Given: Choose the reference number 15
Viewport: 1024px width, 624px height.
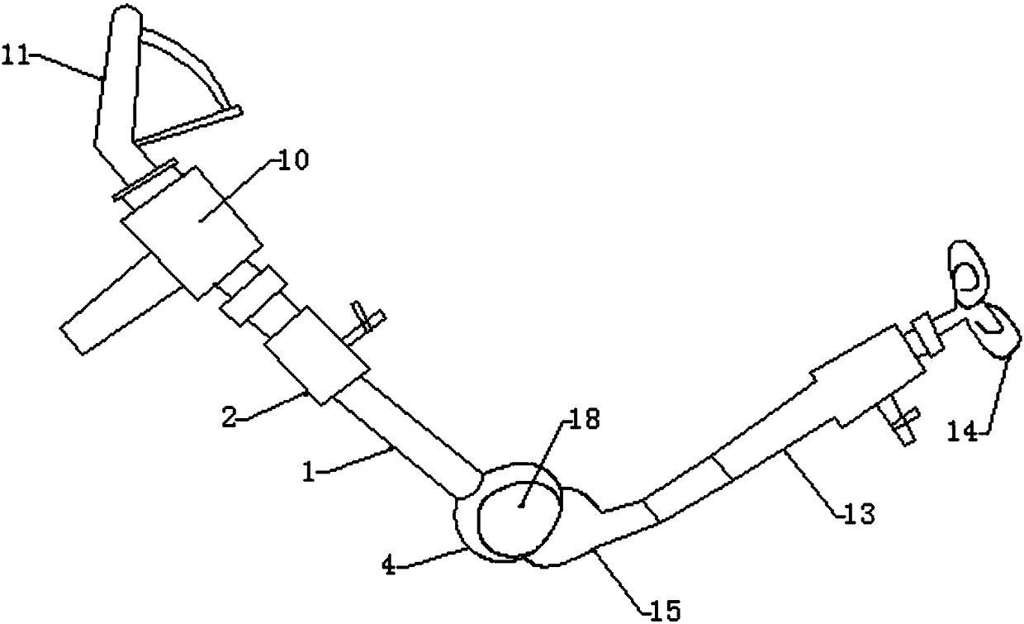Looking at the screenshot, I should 668,610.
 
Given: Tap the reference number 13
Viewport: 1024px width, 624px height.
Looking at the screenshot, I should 860,515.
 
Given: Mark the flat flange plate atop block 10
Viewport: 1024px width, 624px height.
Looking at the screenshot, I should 145,181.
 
